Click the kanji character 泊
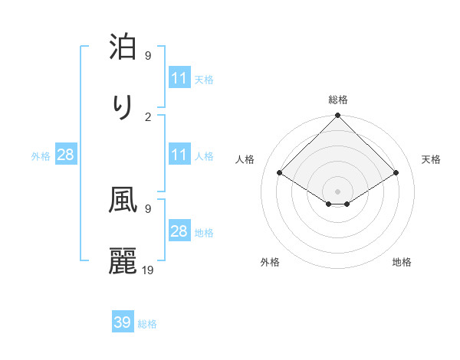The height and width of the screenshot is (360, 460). (123, 47)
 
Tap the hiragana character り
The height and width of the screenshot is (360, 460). (123, 108)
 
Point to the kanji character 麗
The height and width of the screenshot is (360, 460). (123, 261)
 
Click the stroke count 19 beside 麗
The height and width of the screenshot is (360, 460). (149, 270)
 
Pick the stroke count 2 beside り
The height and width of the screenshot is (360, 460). (148, 116)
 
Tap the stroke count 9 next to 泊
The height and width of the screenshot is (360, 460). (148, 55)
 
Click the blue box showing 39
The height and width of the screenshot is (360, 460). (123, 322)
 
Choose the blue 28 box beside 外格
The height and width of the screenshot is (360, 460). (66, 155)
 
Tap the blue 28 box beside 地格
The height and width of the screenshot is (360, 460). (179, 231)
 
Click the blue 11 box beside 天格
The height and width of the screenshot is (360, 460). (179, 78)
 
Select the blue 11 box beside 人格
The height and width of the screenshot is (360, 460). (179, 155)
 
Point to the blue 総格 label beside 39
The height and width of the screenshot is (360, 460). (147, 324)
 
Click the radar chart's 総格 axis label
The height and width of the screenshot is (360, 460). (338, 100)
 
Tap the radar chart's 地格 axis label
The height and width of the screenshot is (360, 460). (402, 262)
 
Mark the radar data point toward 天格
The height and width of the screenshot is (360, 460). (396, 173)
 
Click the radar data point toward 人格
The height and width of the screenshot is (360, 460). (280, 173)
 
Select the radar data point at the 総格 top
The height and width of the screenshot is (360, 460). (338, 116)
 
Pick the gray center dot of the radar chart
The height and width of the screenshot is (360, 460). (338, 191)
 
